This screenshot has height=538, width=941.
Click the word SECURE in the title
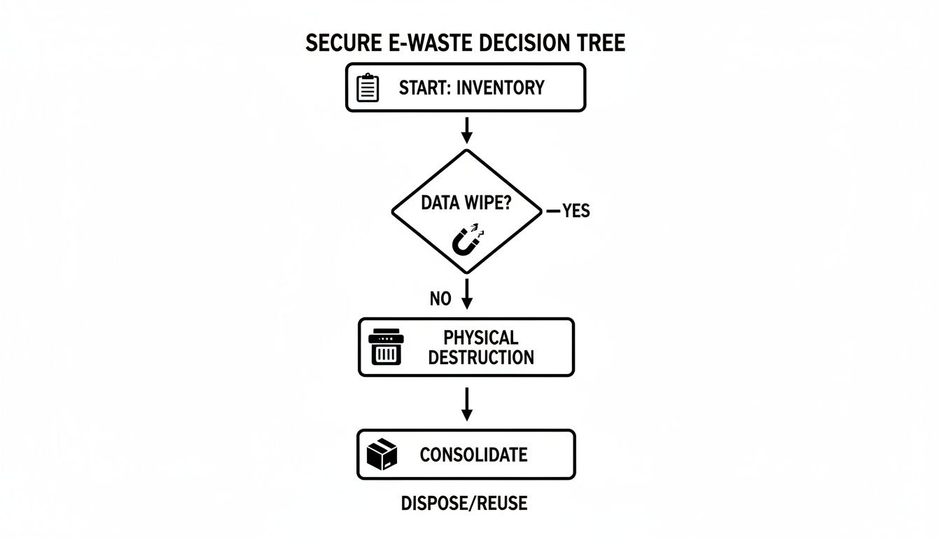point(341,43)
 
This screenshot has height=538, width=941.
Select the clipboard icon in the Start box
point(368,88)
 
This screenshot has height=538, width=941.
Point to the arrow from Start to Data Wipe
point(466,130)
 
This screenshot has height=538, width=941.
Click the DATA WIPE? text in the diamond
point(466,204)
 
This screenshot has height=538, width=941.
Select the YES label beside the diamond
point(576,211)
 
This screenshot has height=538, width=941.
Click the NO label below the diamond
point(440,299)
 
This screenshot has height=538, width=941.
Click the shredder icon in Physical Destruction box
point(386,347)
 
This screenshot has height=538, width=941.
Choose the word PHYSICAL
point(480,338)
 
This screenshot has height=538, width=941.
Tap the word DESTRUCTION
point(480,357)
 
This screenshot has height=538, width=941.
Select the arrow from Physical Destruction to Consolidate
point(466,404)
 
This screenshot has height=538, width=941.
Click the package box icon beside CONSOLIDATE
point(382,455)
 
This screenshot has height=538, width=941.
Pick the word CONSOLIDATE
point(473,455)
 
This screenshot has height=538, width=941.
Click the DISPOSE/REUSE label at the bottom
point(464,503)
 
